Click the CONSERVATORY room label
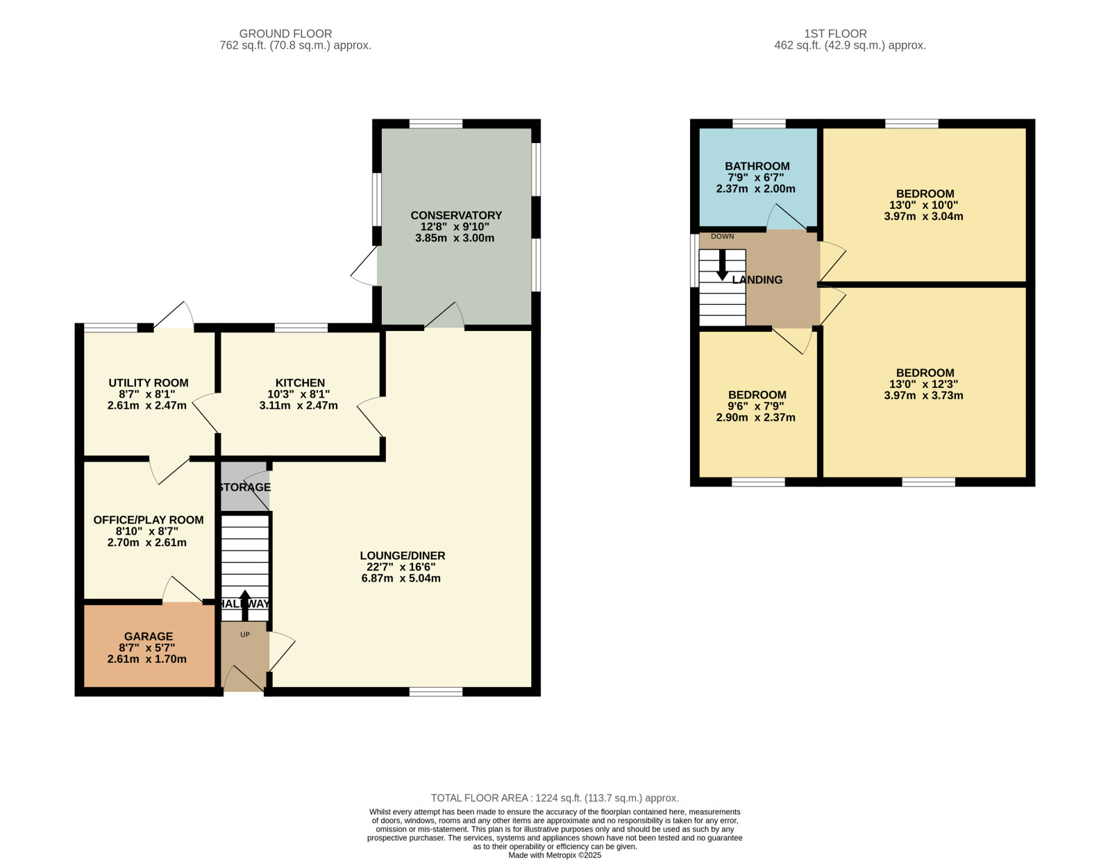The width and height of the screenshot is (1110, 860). [455, 215]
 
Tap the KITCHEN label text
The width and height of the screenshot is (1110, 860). [300, 383]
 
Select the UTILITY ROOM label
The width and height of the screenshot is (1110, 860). [148, 383]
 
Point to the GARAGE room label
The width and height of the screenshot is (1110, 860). [148, 636]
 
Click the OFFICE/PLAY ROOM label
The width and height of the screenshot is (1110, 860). [148, 520]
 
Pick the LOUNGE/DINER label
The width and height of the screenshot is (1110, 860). [402, 555]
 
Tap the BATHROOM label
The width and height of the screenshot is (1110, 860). [757, 167]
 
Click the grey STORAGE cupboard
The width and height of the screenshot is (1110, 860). [244, 486]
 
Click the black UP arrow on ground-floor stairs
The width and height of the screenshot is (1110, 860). [244, 605]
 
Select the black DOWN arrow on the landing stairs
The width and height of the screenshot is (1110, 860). [722, 265]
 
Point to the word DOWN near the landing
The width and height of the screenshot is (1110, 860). [722, 237]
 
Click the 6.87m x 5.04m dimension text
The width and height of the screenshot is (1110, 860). [401, 579]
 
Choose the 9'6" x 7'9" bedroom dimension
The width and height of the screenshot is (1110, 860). [756, 407]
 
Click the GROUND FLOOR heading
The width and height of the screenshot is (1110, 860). [285, 34]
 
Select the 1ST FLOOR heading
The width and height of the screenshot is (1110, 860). [835, 34]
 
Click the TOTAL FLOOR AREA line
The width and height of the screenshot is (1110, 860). [555, 798]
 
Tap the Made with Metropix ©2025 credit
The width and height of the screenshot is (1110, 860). [555, 855]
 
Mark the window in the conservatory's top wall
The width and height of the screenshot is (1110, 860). [436, 124]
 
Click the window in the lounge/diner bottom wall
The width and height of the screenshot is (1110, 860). [436, 692]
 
